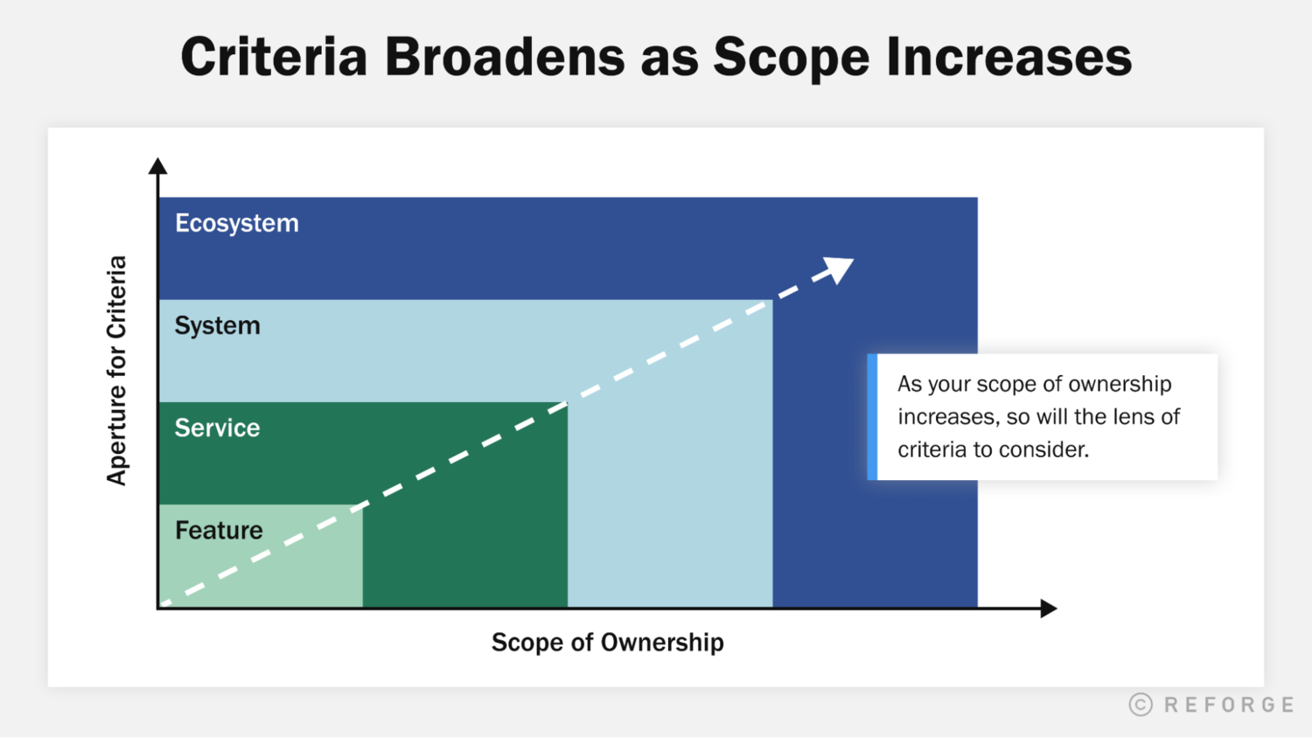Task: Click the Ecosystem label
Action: click(x=236, y=224)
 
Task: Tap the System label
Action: click(x=217, y=326)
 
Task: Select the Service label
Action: click(x=217, y=428)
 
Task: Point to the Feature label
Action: click(x=219, y=531)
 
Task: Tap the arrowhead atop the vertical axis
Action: click(x=157, y=165)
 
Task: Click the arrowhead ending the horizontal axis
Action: click(x=1049, y=609)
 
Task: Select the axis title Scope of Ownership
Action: click(x=607, y=643)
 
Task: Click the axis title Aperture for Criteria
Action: click(x=116, y=370)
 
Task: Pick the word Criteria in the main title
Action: click(x=274, y=57)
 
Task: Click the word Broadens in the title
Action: click(x=505, y=57)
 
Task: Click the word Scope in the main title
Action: click(x=791, y=57)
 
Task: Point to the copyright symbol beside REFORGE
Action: click(x=1141, y=705)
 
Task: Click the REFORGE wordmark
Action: click(x=1229, y=705)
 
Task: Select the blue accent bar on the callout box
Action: click(x=872, y=417)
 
